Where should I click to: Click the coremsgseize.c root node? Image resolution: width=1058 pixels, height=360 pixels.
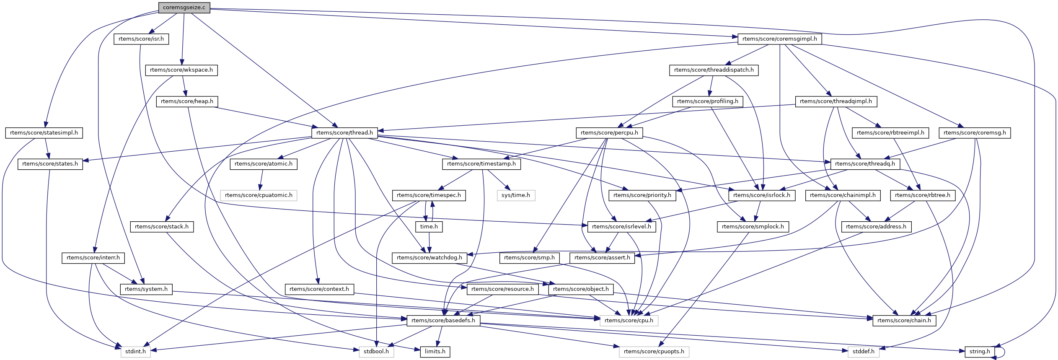click(184, 7)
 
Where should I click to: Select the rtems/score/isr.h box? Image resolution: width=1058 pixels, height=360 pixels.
click(141, 39)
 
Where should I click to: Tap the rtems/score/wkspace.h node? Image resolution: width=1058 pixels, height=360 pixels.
click(181, 70)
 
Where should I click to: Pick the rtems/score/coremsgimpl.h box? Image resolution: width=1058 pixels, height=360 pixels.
click(779, 39)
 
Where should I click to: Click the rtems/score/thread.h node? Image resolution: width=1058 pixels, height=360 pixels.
click(344, 133)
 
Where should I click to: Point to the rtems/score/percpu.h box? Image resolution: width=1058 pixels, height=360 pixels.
click(609, 133)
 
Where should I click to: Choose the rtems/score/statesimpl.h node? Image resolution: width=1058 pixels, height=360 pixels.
click(44, 133)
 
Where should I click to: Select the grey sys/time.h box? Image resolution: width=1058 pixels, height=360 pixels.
click(516, 195)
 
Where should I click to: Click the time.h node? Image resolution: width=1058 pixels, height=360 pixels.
click(429, 227)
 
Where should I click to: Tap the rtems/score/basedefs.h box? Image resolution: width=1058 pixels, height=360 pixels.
click(443, 321)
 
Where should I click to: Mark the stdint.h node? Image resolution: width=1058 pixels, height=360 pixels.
click(136, 352)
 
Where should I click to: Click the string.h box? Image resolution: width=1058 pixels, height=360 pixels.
click(980, 352)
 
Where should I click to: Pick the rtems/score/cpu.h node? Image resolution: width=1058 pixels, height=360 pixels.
click(629, 321)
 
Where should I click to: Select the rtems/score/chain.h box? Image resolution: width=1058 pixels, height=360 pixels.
click(904, 321)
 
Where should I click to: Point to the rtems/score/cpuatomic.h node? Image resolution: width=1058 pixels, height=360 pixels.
click(259, 195)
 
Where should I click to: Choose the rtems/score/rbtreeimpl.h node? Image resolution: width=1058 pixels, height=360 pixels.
click(890, 133)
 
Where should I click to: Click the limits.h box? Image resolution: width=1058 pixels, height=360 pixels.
click(435, 352)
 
